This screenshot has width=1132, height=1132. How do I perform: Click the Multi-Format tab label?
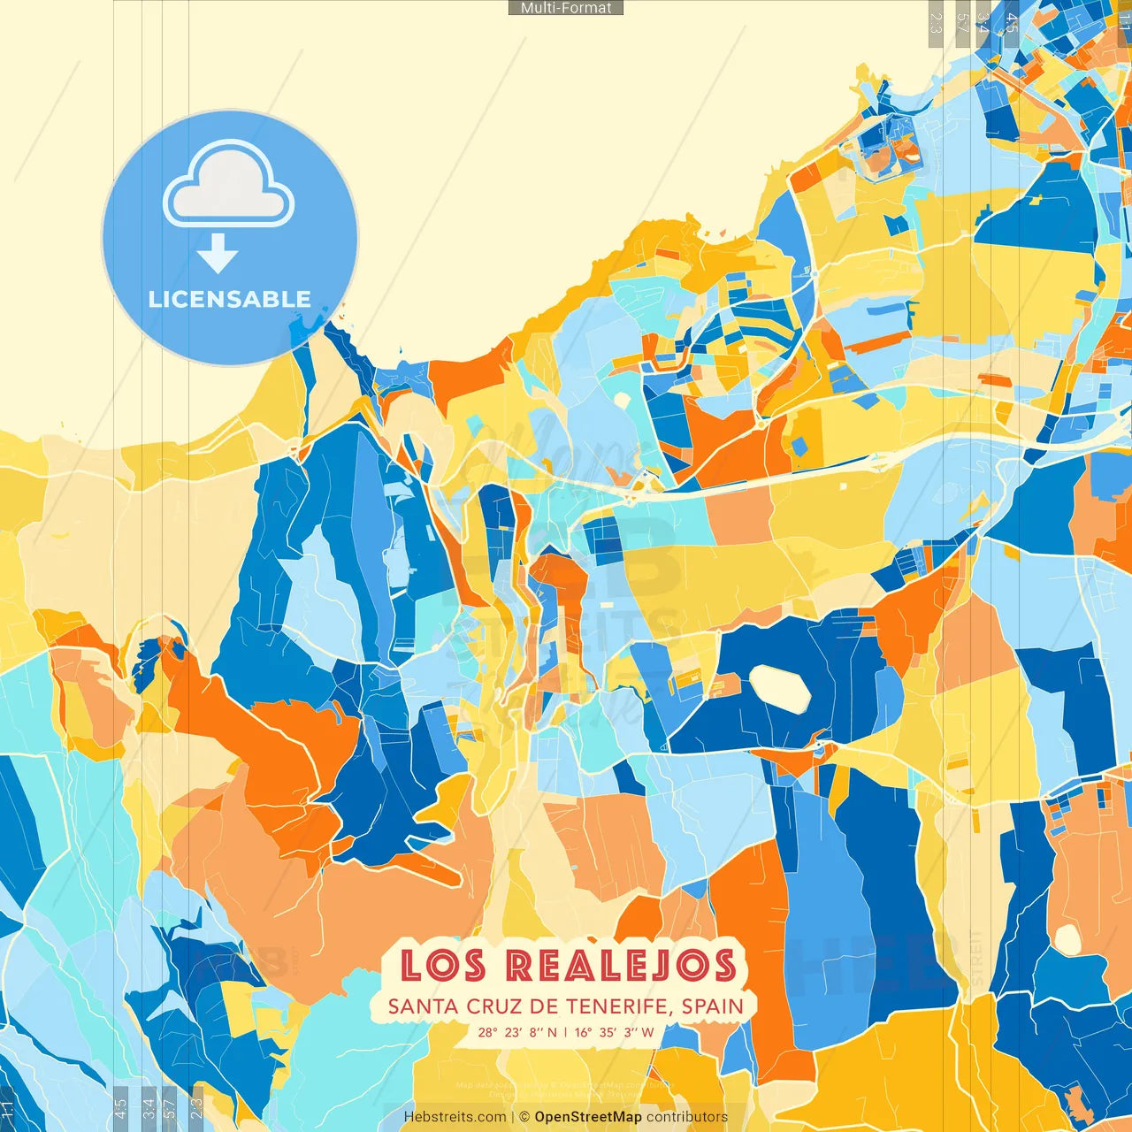coord(566,8)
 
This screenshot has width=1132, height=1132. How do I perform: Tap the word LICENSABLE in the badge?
coord(230,299)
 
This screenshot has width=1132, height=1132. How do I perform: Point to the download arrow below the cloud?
coord(218,255)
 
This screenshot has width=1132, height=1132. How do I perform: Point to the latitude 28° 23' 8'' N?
coord(517,1032)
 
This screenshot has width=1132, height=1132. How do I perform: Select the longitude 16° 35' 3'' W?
coord(615,1032)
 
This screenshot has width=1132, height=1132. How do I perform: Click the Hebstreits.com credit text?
coord(455,1117)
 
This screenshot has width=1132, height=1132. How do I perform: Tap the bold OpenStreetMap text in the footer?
coord(588,1117)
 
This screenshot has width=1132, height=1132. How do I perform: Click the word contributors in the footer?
coord(687,1117)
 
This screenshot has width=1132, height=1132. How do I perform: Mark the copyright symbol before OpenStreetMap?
coord(524,1117)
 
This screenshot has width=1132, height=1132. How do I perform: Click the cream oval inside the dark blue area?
coord(780,688)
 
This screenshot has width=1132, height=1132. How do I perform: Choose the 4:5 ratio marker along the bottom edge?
coord(121,1107)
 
